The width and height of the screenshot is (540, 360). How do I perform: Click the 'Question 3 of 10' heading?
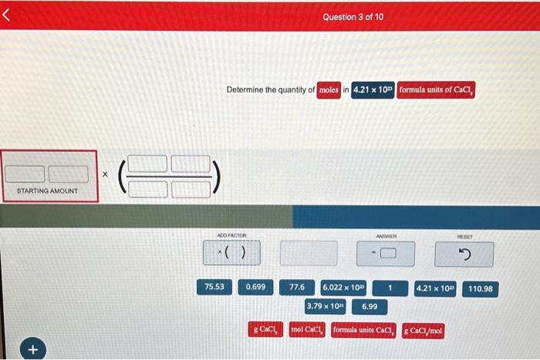[354, 17]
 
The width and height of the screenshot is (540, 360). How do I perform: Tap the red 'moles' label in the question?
[329, 90]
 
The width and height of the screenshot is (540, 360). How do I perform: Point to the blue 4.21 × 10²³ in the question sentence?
[373, 90]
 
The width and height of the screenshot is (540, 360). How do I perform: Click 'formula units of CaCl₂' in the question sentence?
[437, 90]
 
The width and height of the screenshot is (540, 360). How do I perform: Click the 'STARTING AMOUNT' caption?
[47, 190]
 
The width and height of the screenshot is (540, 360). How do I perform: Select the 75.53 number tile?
[214, 288]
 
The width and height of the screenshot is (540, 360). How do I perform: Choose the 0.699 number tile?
[255, 288]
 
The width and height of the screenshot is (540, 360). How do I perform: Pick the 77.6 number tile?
[297, 288]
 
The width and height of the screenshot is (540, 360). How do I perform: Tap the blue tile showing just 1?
[390, 288]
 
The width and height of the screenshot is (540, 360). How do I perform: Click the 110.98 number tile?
[481, 288]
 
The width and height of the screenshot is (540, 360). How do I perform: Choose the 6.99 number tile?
[370, 306]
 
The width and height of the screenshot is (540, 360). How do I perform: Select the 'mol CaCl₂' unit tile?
[307, 330]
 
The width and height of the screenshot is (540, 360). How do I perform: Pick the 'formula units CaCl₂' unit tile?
[363, 330]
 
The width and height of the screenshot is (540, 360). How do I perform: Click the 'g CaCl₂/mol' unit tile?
[423, 331]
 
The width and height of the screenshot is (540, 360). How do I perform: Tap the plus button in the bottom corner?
[32, 349]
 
